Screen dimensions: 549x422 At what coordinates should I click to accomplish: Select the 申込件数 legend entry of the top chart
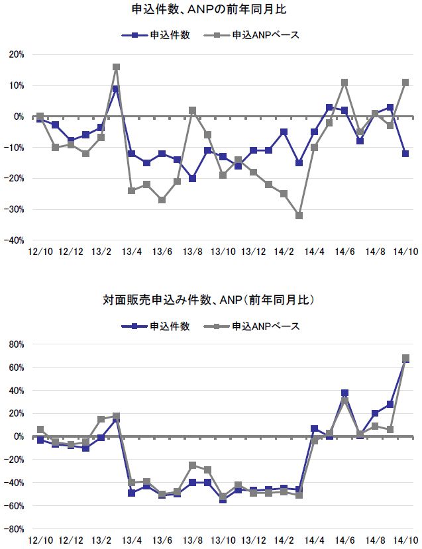click(157, 35)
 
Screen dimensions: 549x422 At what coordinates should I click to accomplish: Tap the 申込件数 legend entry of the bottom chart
click(157, 326)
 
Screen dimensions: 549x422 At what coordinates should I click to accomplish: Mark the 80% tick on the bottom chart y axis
click(15, 344)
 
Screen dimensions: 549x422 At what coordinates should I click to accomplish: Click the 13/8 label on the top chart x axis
click(192, 252)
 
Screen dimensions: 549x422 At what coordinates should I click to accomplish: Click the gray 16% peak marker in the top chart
click(116, 67)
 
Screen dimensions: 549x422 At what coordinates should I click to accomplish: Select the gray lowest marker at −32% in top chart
click(299, 216)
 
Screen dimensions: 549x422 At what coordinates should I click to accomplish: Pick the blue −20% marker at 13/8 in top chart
click(192, 178)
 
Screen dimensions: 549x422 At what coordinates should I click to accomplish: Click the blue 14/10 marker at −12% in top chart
click(405, 154)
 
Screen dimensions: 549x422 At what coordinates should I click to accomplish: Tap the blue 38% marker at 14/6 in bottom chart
click(344, 393)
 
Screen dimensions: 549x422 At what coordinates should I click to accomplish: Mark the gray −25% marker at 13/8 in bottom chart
click(192, 466)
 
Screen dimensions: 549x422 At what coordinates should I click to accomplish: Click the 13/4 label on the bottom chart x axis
click(131, 541)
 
